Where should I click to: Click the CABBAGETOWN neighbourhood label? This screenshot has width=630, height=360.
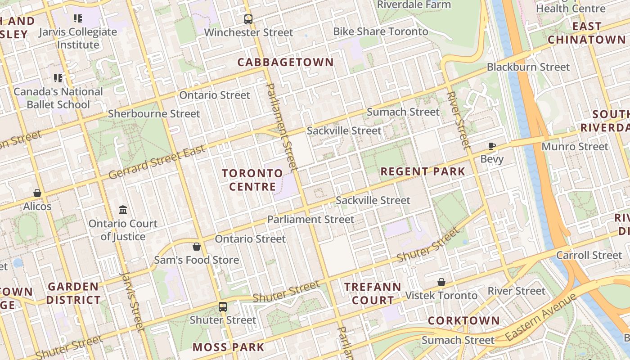(285, 62)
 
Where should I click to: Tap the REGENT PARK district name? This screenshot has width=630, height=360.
(423, 171)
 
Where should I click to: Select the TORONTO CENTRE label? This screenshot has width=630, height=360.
(252, 180)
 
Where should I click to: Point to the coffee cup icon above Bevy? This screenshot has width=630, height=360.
(492, 146)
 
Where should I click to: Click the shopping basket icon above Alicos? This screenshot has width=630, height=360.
(37, 193)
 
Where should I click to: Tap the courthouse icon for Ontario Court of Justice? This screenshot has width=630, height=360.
(123, 210)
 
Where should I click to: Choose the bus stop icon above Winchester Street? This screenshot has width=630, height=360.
(248, 19)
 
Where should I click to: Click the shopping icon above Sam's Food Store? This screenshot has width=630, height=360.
(197, 247)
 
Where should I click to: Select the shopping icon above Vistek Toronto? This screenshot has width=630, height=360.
(441, 282)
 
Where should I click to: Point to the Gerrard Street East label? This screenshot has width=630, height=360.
(157, 161)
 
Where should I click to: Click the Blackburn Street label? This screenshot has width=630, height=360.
(528, 67)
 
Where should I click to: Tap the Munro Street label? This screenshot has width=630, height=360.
(575, 146)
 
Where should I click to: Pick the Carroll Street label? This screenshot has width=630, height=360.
(589, 255)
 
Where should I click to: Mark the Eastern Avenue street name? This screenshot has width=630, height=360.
(540, 317)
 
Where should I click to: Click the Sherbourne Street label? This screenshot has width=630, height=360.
(154, 114)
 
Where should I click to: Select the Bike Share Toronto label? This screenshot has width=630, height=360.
(381, 31)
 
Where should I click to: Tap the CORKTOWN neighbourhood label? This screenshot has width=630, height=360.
(463, 320)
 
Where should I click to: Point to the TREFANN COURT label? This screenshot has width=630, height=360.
(372, 293)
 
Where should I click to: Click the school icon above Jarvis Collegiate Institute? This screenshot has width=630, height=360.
(78, 18)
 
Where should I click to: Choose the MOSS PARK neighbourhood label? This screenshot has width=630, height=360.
(228, 347)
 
